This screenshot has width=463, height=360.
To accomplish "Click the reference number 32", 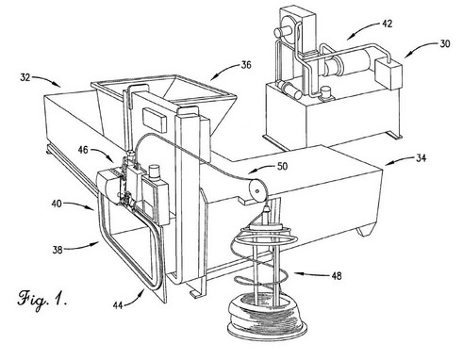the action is coord(25,77).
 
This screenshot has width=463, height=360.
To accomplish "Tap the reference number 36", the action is coord(246,65).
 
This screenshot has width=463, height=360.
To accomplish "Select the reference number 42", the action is coord(387,24).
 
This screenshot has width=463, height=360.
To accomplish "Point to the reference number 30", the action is coord(445,43).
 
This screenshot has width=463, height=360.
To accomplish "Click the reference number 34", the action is coord(422,158).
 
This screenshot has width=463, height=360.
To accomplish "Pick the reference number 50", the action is coord(283,166).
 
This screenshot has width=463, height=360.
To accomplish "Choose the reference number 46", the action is coord(83,150).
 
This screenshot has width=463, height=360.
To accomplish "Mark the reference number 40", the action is coord(57,204).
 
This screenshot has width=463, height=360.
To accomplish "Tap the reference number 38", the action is coord(58,250).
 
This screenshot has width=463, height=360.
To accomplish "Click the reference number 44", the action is coord(118,305).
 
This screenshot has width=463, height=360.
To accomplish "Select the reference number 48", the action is coord(337,276).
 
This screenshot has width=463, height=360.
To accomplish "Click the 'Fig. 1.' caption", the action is coord(41,299).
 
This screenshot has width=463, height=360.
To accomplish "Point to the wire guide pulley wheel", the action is coord(258,190).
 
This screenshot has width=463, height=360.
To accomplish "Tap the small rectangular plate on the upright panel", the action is coord(155,119).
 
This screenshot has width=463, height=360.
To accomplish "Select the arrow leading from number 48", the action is coord(312,274).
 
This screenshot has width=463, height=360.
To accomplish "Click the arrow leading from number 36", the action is coord(224,71).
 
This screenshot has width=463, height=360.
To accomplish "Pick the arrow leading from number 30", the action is coord(421,50).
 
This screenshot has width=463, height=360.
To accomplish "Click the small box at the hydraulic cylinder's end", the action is coord(389,73).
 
